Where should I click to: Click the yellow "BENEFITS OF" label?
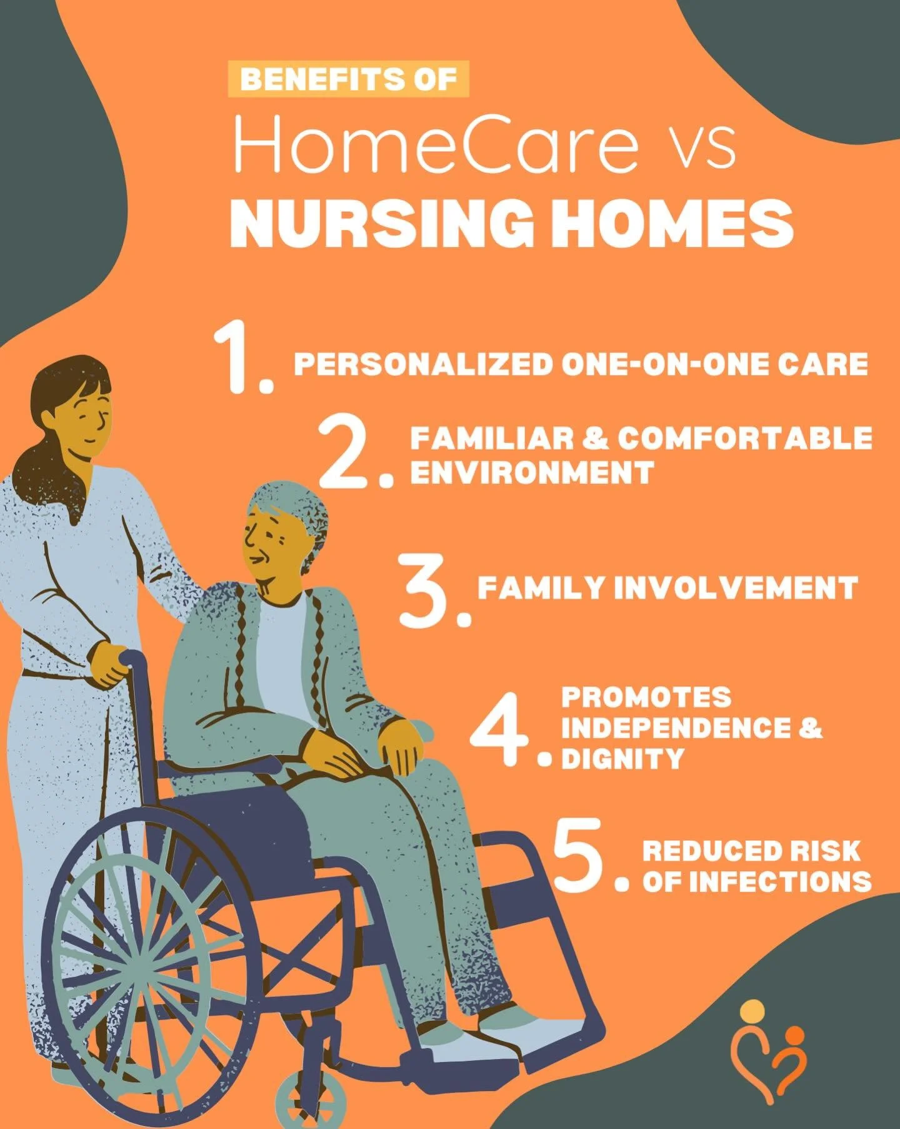(348, 80)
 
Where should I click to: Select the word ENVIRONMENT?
(532, 472)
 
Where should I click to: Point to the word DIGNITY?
(622, 759)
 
